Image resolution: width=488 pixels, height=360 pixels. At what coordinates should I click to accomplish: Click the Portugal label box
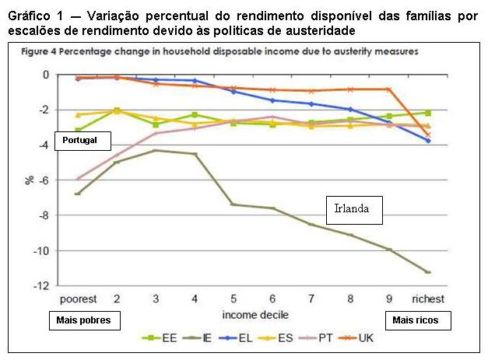83,142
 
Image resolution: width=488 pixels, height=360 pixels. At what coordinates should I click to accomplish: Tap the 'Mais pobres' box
83,320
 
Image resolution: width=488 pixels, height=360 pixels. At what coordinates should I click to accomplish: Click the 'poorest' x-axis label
78,299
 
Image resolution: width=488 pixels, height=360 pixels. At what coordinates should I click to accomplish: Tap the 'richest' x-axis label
428,299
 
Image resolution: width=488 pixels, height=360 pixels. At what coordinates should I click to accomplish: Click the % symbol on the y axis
29,180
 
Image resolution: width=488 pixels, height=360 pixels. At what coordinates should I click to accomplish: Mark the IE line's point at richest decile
428,272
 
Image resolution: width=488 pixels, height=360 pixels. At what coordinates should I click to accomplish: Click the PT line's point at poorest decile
78,178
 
